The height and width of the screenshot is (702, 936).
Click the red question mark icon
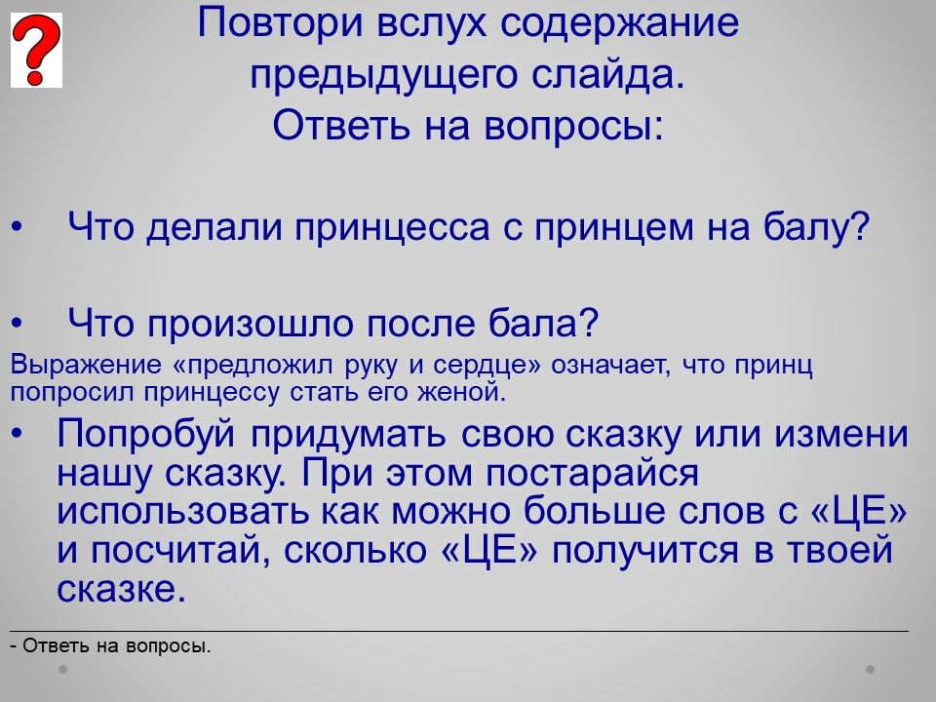(36, 50)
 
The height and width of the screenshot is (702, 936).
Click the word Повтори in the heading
(280, 23)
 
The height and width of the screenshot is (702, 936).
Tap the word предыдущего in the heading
(383, 76)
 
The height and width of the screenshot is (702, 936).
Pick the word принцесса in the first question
(392, 228)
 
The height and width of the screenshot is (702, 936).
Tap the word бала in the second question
(543, 323)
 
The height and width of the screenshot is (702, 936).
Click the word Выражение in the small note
(86, 366)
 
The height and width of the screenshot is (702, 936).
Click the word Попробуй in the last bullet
(146, 434)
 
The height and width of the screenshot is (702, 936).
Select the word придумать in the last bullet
(348, 435)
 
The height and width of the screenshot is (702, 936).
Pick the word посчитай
(176, 551)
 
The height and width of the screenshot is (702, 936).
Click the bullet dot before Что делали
(17, 228)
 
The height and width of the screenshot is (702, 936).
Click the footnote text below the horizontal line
(111, 645)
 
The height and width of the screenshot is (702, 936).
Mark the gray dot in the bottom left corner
(62, 670)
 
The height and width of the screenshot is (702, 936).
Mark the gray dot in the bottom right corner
(871, 670)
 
